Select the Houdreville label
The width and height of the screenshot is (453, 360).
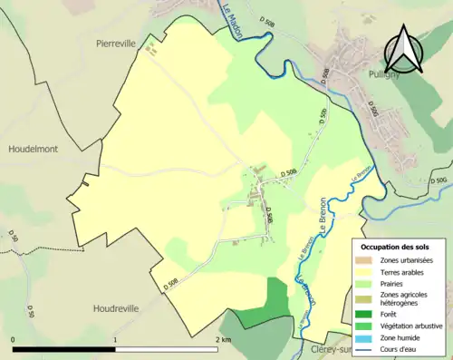click(117, 308)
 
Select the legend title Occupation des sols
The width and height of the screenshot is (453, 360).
click(396, 247)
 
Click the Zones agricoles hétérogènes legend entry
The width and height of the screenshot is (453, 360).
click(405, 299)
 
